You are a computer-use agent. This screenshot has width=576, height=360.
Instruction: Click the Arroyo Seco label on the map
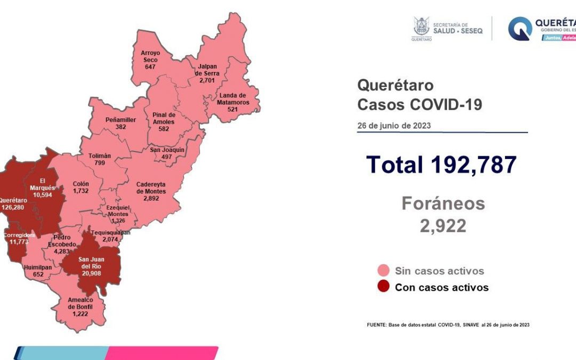[150, 56]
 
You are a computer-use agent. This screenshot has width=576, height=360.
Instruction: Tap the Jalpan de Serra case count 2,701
[206, 80]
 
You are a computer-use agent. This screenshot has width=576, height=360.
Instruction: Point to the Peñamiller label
[121, 120]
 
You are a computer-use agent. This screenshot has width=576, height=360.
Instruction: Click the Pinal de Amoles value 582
[164, 129]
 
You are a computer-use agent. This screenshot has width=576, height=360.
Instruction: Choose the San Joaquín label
[167, 150]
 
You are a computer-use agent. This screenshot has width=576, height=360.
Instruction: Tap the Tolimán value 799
[100, 163]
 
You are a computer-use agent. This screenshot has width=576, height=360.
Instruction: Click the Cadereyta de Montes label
[151, 187]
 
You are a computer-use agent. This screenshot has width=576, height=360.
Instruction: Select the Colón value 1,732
[81, 190]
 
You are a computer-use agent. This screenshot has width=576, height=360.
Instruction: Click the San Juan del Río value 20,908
[91, 273]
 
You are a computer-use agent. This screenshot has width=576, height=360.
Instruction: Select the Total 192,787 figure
[441, 165]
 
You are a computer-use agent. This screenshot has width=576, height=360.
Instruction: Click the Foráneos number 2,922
[443, 226]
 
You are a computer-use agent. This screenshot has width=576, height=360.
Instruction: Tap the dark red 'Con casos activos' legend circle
[382, 287]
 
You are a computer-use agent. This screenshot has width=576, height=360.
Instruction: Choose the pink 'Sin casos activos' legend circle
[382, 270]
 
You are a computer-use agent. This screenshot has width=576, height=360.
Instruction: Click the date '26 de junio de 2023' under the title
[394, 126]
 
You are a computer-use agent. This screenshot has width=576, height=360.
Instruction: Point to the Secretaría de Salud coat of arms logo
[421, 28]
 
